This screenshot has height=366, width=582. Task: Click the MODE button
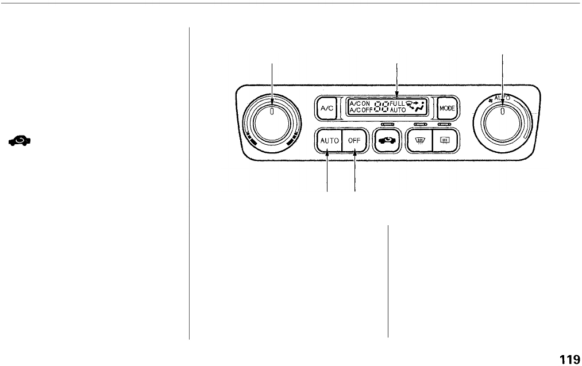coord(446,107)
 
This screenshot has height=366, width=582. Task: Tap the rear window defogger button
coord(444,140)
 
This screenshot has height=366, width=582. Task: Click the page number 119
coord(569,359)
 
